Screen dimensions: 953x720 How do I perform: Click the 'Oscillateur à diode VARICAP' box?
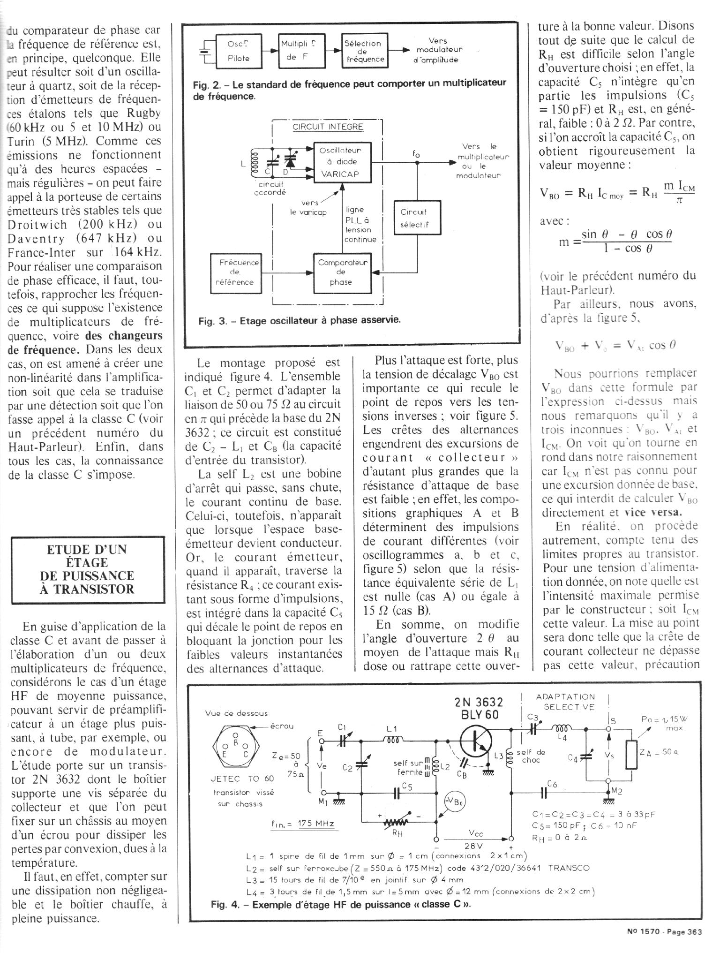click(x=342, y=162)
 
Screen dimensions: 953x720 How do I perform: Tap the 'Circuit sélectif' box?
click(x=414, y=218)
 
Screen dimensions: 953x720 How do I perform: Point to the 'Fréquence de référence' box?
click(x=235, y=272)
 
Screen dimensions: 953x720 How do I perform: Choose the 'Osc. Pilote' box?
click(x=239, y=51)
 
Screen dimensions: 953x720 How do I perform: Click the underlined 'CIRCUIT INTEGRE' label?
click(x=328, y=127)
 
